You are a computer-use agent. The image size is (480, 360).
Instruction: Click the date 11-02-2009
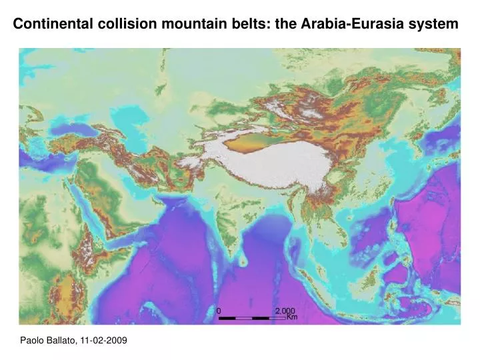pyautogui.click(x=103, y=340)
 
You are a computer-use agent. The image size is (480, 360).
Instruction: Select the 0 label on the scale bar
pyautogui.click(x=219, y=311)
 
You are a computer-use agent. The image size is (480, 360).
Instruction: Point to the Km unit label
pyautogui.click(x=291, y=318)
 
